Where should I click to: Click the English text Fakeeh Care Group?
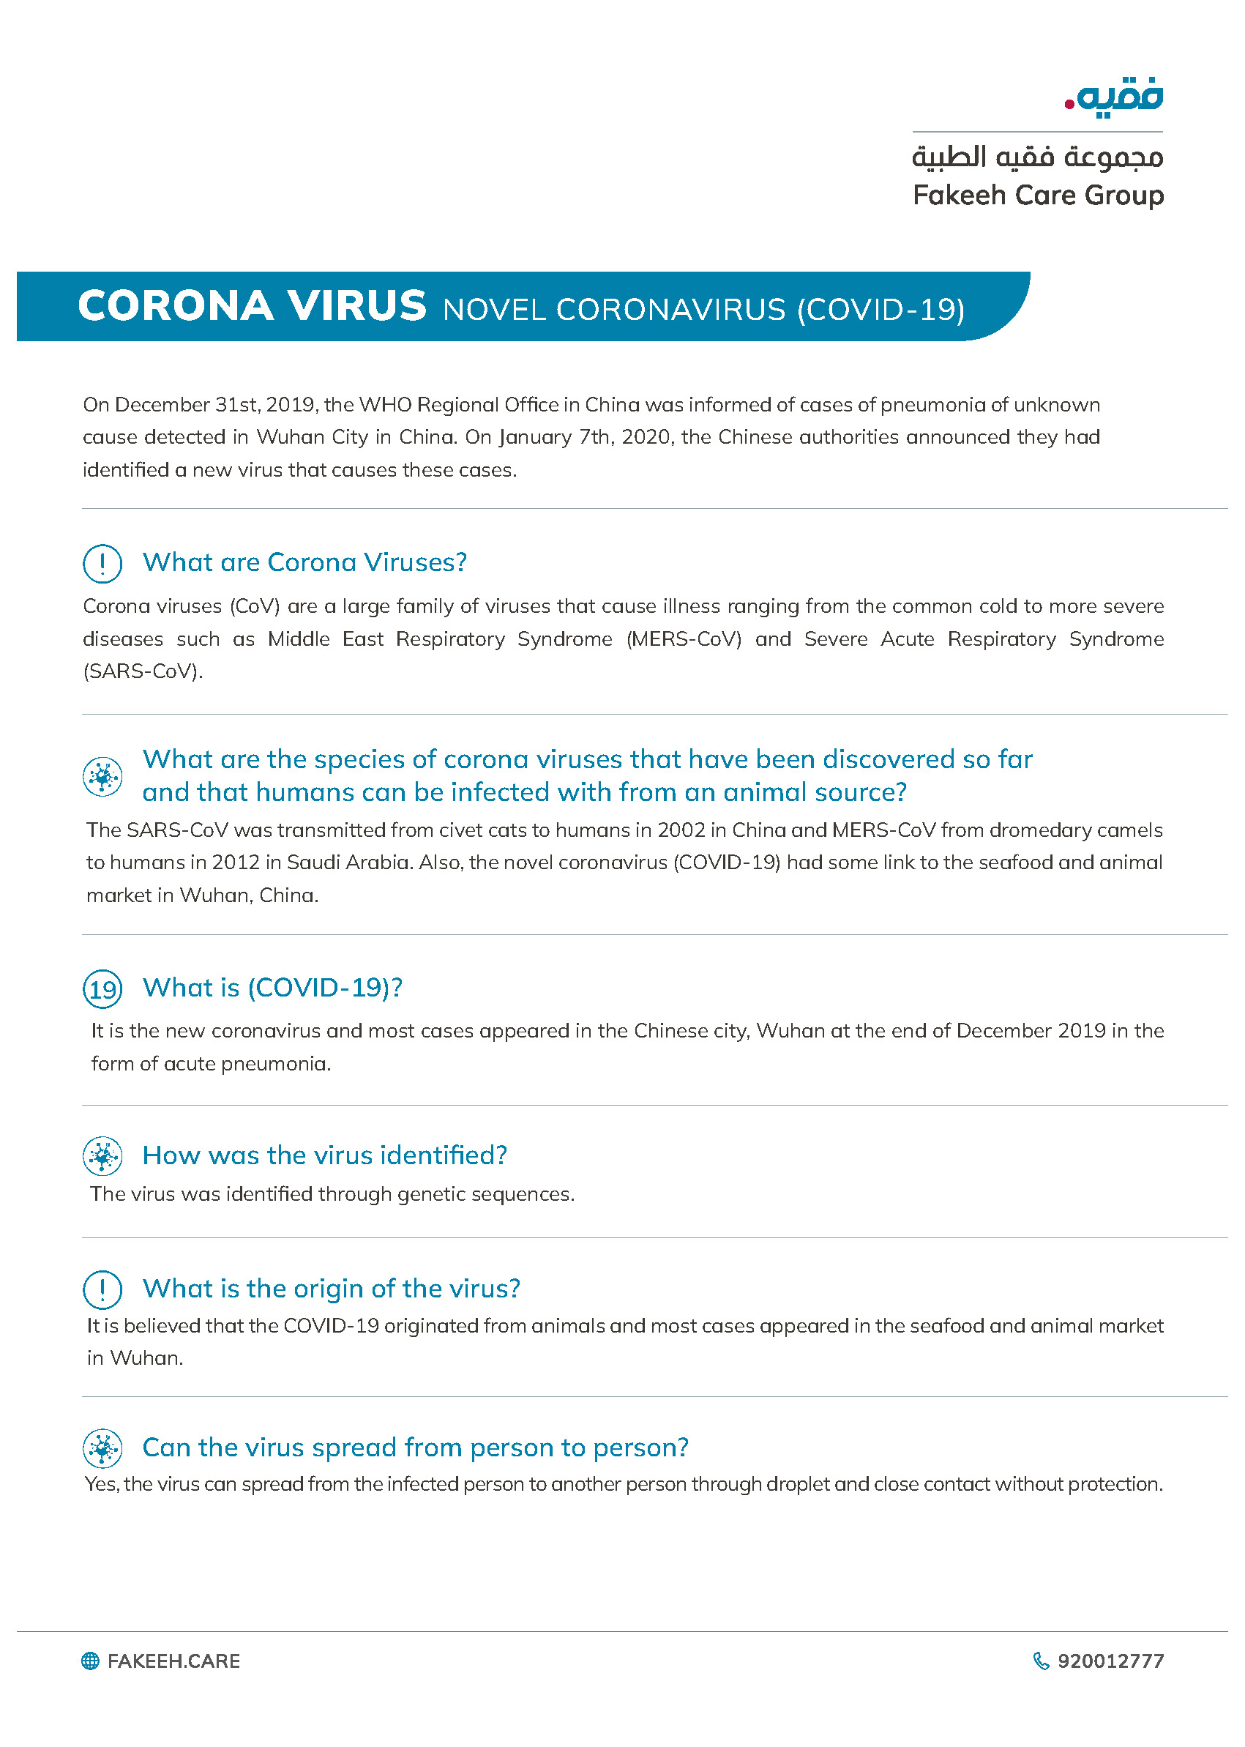pos(1038,195)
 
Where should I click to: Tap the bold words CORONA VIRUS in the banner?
pos(252,306)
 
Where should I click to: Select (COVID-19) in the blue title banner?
pos(881,310)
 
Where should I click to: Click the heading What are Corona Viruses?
pos(304,562)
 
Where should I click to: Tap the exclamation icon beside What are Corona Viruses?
pos(102,564)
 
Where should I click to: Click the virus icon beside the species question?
pos(102,777)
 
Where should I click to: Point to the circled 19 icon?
pos(102,988)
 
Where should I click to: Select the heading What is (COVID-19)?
pos(272,988)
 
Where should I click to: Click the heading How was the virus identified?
pos(324,1155)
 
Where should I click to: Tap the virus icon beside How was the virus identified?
pos(102,1155)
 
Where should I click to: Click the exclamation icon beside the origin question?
pos(102,1289)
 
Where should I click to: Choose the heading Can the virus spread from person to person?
pos(415,1447)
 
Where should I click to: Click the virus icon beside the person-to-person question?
pos(102,1449)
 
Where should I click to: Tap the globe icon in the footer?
pos(91,1661)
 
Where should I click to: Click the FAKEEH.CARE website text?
pos(173,1661)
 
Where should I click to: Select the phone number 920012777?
pos(1110,1661)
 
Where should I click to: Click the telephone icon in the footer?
pos(1040,1661)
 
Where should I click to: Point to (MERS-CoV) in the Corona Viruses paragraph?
pos(684,638)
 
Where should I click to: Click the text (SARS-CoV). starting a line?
pos(143,672)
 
